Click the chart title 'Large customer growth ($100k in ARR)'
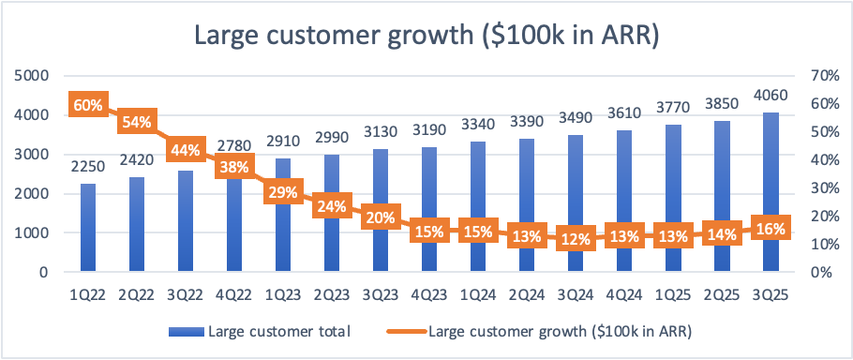[x=426, y=36]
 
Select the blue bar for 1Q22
[x=88, y=227]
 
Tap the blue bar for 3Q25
[x=771, y=192]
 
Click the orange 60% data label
[x=88, y=104]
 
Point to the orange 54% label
[x=137, y=122]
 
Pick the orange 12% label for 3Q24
[x=576, y=238]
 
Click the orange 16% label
[x=771, y=229]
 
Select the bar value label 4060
[x=771, y=97]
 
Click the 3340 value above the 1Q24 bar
[x=478, y=125]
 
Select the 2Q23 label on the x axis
[x=332, y=294]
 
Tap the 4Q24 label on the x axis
[x=624, y=294]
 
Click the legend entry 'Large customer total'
[x=259, y=332]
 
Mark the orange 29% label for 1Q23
[x=283, y=192]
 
